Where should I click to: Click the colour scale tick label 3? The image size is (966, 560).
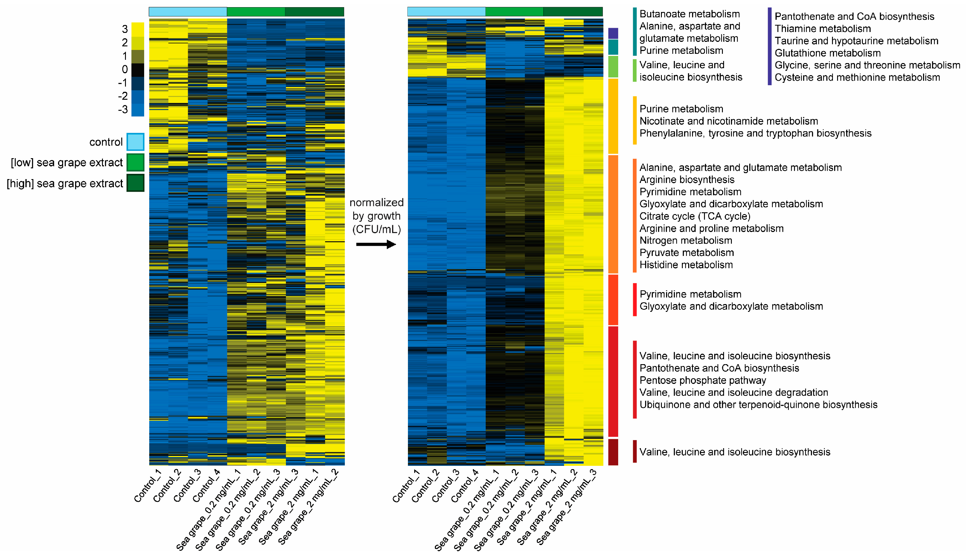(x=125, y=29)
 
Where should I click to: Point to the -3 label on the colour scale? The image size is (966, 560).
(x=123, y=110)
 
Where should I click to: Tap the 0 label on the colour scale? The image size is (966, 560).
(x=125, y=69)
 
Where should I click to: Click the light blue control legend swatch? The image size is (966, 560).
(x=135, y=142)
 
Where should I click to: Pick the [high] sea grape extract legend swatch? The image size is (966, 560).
(x=135, y=183)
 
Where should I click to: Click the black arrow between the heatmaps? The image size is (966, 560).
(x=376, y=244)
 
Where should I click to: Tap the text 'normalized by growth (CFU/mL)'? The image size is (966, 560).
(x=377, y=216)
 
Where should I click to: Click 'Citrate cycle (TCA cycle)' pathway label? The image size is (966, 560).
(x=695, y=216)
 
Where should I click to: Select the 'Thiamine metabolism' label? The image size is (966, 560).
(x=823, y=29)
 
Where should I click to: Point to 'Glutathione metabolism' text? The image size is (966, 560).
(x=828, y=53)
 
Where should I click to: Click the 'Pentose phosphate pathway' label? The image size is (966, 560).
(x=703, y=380)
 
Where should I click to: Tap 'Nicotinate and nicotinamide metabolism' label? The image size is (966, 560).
(x=728, y=121)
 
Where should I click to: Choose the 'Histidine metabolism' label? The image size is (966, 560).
(x=686, y=265)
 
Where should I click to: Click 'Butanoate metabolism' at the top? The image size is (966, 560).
(x=689, y=14)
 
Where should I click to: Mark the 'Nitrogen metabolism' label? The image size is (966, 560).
(x=685, y=240)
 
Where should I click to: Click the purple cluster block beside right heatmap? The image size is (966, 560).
(x=613, y=33)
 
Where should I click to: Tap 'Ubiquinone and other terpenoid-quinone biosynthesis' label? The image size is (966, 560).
(x=758, y=405)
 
